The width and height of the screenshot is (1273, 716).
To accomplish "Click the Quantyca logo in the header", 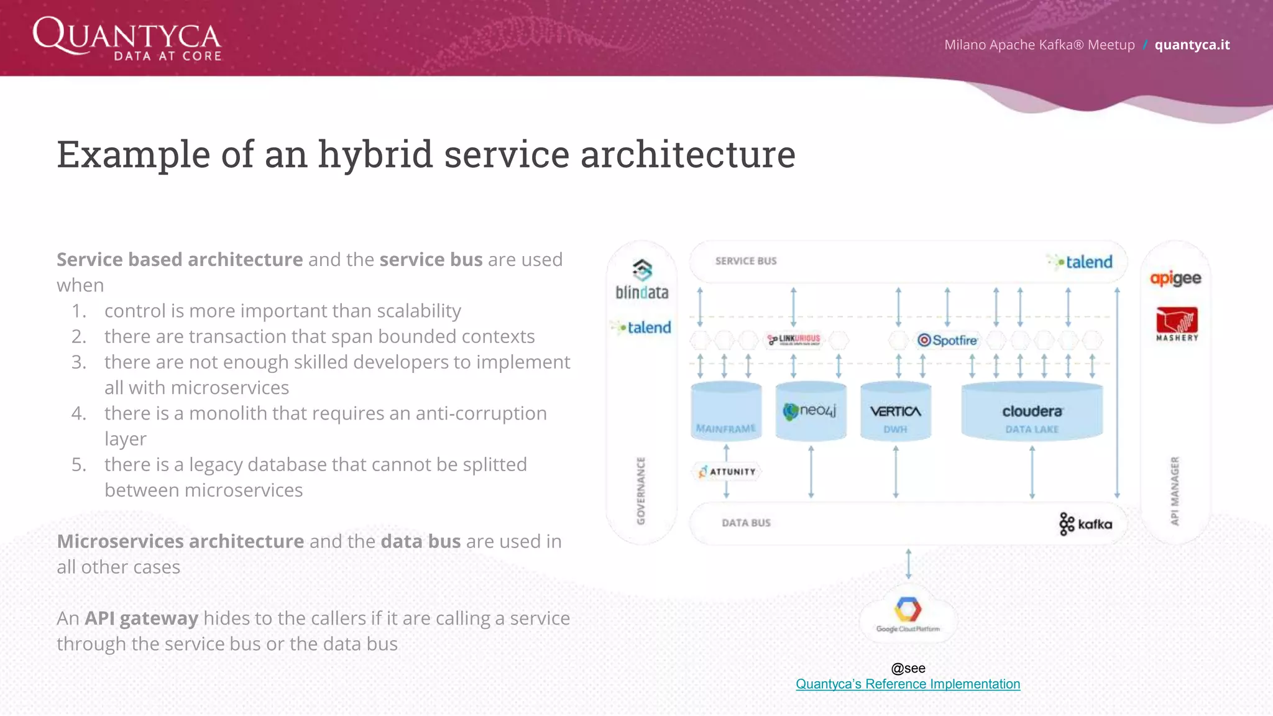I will coord(127,39).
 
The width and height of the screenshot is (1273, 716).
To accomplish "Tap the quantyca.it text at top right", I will coord(1192,45).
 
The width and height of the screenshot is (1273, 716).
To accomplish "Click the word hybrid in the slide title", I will coord(375,154).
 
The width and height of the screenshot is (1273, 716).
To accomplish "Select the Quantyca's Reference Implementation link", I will coord(908,684).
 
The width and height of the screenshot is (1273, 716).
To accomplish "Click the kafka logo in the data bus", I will coord(1085,524).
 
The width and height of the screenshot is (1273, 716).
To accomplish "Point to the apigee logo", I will coord(1175,278).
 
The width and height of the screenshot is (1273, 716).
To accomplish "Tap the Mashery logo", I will coord(1176,323).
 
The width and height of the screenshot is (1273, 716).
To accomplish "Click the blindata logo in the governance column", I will coord(641,280).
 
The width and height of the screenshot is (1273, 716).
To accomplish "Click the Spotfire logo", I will coord(947,340).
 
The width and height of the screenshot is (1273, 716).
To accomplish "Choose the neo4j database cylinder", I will coord(811,411).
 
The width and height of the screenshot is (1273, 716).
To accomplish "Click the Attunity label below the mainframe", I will coord(727,472).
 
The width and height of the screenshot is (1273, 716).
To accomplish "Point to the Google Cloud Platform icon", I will coord(908,613).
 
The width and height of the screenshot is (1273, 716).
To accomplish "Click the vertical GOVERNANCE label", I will coord(641,491).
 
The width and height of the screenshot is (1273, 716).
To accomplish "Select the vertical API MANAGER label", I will coord(1174,491).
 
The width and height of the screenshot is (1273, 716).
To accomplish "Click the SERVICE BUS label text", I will coord(745,261).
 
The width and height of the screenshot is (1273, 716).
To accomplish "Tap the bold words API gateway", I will coord(141,618).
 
